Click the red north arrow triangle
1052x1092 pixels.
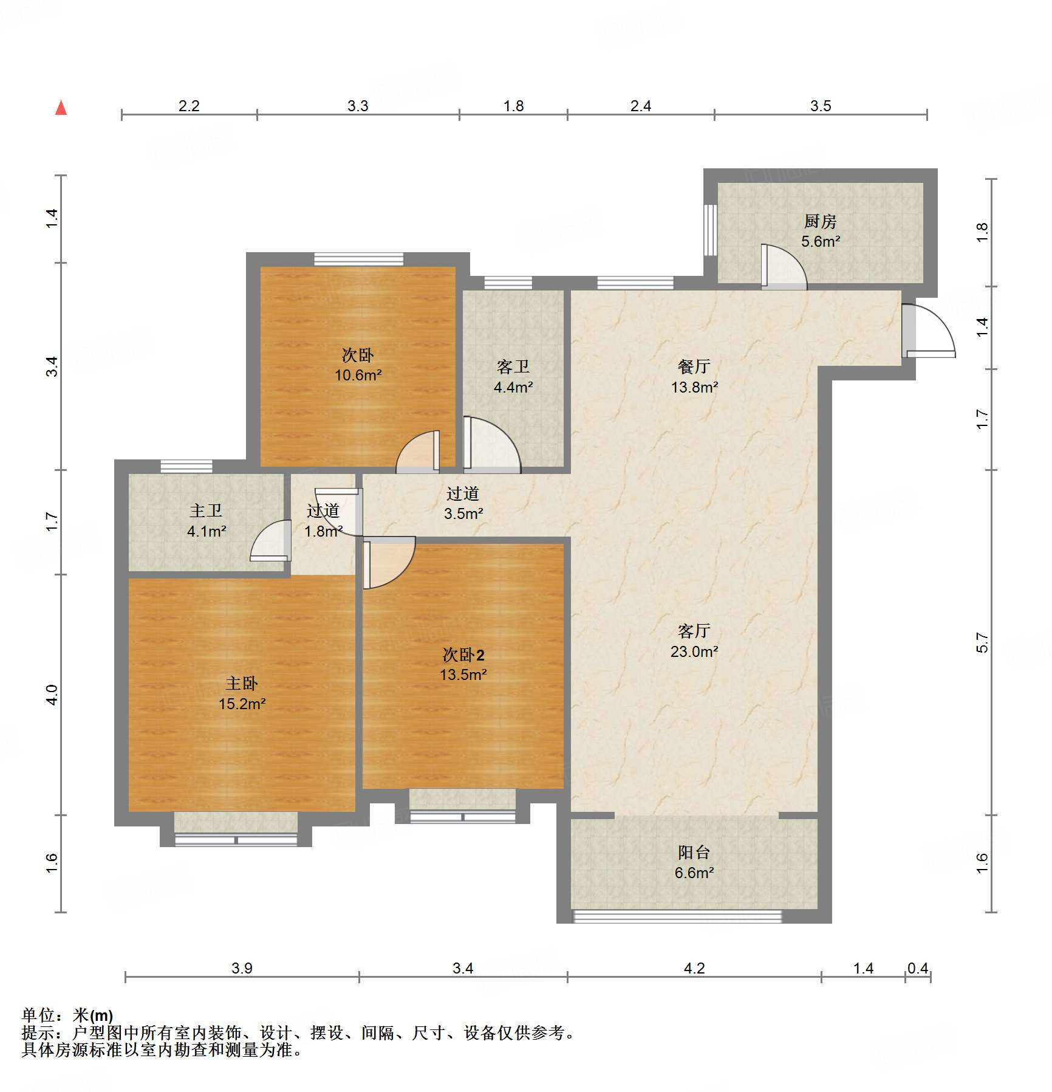pos(61,108)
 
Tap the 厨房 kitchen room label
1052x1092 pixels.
pos(820,221)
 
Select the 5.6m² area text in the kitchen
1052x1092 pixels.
pos(820,241)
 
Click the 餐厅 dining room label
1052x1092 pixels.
pos(694,366)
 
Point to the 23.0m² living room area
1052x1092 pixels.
pos(694,651)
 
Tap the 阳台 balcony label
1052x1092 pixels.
pos(694,853)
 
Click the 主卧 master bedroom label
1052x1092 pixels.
pos(242,684)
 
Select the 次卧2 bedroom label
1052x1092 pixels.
pos(463,654)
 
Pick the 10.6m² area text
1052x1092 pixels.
pos(358,375)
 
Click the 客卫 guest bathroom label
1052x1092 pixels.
pos(513,366)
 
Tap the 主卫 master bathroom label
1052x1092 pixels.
pos(206,510)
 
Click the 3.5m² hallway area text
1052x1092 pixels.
pos(463,513)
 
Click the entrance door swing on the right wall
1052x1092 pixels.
pos(929,331)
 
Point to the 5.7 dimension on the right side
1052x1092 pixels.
pos(982,642)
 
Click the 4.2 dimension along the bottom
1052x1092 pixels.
pos(694,968)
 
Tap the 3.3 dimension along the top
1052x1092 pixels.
pos(358,106)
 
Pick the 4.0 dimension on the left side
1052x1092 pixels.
pos(52,695)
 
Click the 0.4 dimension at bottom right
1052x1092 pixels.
pos(917,968)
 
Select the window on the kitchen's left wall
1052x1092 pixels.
pos(711,230)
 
